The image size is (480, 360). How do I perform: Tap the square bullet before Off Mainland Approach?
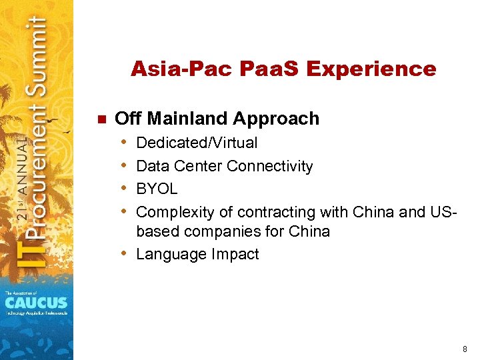click(x=101, y=119)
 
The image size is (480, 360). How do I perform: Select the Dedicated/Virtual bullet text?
click(x=197, y=143)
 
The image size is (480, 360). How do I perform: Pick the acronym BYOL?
click(x=157, y=189)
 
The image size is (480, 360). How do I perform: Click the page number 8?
click(x=464, y=348)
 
